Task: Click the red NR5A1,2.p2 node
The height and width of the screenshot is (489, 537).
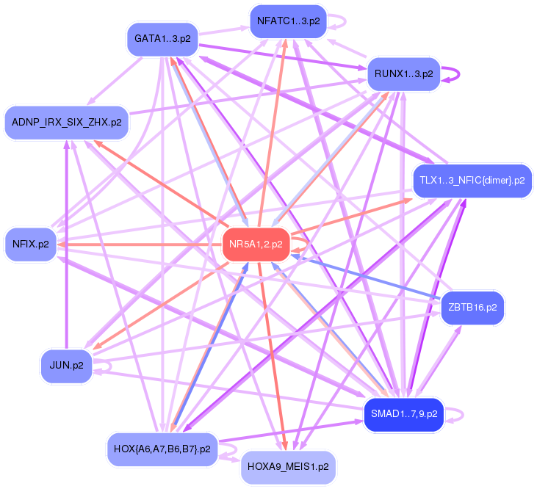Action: click(256, 244)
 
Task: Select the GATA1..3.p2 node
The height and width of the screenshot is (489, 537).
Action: click(162, 39)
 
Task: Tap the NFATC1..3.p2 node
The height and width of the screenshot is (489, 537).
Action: click(289, 21)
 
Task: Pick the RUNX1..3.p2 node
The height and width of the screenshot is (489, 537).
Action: click(404, 74)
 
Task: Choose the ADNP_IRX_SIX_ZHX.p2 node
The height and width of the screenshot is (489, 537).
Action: click(66, 123)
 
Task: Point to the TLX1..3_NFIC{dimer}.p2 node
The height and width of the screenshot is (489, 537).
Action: click(472, 181)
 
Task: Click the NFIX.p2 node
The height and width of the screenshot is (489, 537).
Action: click(30, 245)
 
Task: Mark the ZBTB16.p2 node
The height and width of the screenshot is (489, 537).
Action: click(472, 308)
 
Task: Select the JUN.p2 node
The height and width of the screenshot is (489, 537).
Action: click(66, 366)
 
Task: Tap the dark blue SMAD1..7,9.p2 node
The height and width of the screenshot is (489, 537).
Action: click(404, 414)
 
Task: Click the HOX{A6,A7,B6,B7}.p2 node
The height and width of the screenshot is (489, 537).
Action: click(162, 449)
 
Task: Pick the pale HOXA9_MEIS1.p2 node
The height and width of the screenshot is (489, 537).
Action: click(288, 467)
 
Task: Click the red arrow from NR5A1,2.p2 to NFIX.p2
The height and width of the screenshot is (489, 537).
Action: click(140, 245)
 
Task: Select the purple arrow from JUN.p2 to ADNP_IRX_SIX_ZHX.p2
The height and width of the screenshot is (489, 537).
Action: click(66, 245)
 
